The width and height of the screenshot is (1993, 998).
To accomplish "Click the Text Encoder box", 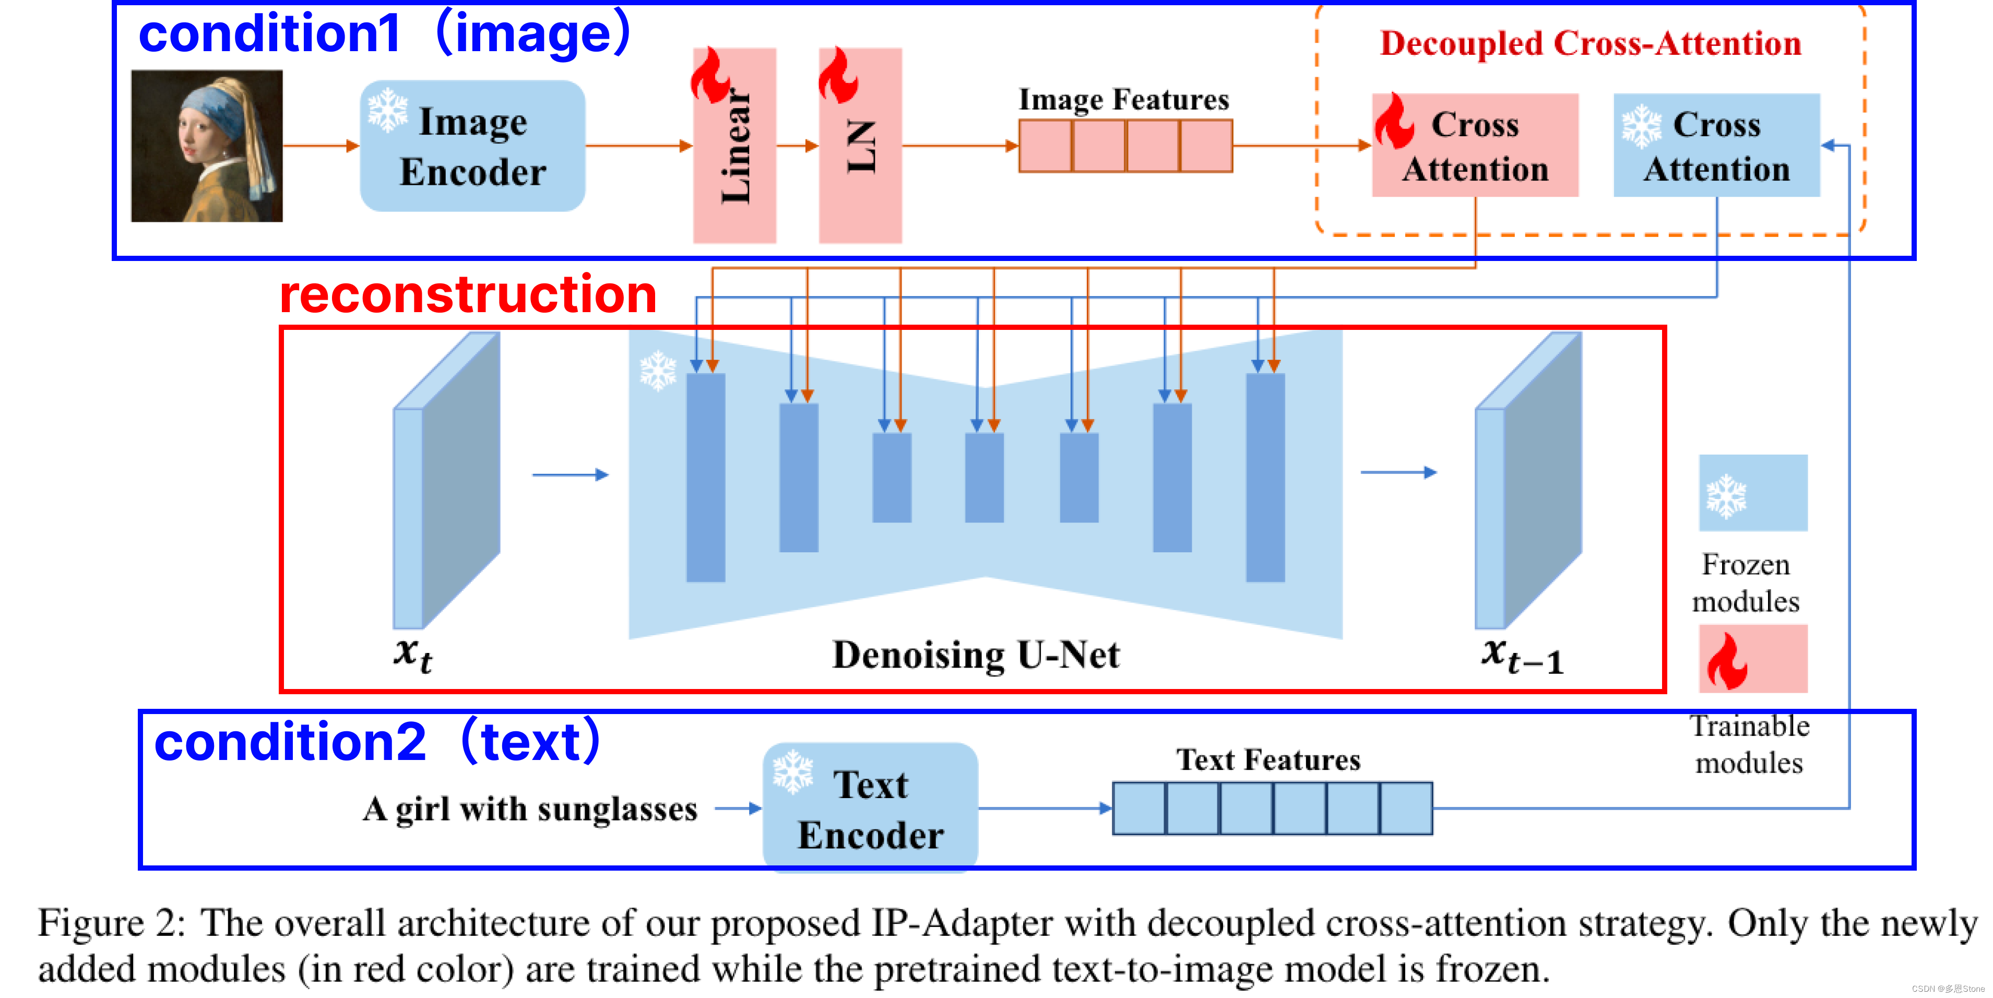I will coord(870,809).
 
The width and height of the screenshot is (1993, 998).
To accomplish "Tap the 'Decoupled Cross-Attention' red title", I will coord(1591,43).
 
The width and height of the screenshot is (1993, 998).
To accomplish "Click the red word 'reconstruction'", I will coord(468,295).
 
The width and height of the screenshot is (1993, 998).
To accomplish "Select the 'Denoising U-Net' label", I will coord(976,655).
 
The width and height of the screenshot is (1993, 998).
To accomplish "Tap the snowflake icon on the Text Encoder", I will coord(793,771).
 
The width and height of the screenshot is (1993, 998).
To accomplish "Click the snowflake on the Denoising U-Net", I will coord(658,371).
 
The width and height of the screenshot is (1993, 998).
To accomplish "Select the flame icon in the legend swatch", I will coord(1727,661).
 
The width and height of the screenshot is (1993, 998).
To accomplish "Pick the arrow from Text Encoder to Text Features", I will coord(1045,809).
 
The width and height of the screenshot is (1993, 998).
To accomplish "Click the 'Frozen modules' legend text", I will coord(1746,583).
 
